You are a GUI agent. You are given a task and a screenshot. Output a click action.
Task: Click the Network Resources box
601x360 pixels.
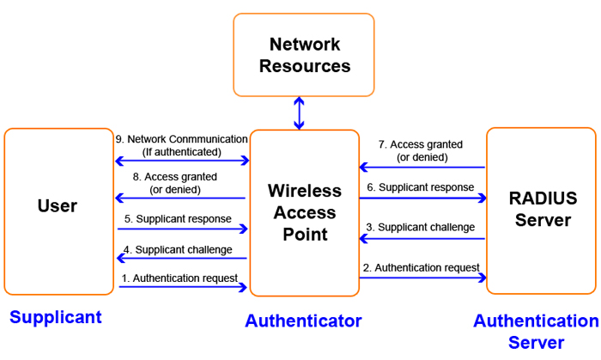coord(304,54)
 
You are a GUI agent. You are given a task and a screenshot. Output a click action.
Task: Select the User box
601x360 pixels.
coord(58,211)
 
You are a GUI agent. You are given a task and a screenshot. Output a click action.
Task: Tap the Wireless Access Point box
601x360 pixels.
coord(304,211)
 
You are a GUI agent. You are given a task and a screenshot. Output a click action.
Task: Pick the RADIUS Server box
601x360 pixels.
coord(541,211)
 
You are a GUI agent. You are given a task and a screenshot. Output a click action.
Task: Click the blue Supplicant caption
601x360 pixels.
coord(56,317)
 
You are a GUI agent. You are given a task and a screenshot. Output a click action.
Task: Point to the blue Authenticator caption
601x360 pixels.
coord(303,320)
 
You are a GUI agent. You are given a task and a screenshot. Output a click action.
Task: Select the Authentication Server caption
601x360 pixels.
coord(537,331)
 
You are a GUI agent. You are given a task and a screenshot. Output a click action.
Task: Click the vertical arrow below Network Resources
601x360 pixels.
coord(299,113)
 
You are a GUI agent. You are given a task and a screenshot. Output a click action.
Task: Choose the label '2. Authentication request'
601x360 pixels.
coord(421,267)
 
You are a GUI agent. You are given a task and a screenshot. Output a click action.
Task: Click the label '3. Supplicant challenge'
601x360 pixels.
coord(421,228)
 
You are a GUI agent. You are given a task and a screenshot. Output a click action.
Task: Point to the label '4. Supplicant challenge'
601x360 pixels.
coord(177,249)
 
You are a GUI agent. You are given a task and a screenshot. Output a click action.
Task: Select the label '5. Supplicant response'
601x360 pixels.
coord(177,218)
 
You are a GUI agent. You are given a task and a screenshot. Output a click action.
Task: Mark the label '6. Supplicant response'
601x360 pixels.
coord(421,186)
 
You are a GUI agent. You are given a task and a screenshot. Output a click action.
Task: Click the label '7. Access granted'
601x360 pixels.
coord(421,150)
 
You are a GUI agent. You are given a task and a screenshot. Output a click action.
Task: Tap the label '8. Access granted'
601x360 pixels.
coord(177,182)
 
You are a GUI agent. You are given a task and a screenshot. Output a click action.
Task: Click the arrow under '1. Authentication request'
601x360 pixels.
coord(182,287)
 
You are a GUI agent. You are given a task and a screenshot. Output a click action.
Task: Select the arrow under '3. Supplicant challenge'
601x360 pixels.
coord(422,238)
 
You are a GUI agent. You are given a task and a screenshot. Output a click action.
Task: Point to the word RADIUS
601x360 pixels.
coord(542,198)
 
